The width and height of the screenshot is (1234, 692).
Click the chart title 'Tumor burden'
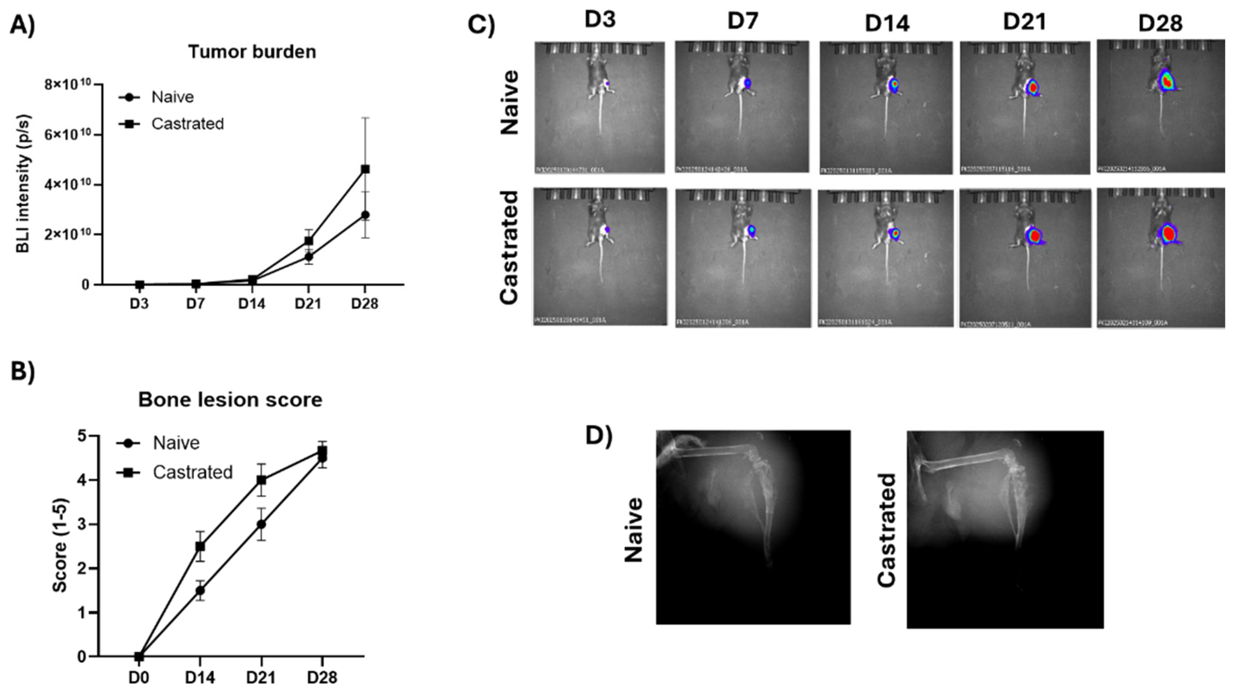point(252,52)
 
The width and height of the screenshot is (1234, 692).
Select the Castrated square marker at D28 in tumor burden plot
point(365,169)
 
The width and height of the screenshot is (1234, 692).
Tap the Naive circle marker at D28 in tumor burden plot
point(365,214)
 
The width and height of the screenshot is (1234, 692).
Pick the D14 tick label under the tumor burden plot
point(252,304)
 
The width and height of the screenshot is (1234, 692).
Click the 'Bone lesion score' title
point(230,399)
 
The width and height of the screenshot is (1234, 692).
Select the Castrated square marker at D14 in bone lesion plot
point(200,546)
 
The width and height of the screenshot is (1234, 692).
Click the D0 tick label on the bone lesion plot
point(139,678)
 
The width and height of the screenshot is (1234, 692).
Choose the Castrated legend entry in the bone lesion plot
point(192,472)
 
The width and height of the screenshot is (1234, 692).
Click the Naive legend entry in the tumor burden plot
point(172,97)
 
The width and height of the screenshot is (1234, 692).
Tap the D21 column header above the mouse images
point(1025,23)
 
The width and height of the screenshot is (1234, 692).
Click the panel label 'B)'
point(23,371)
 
